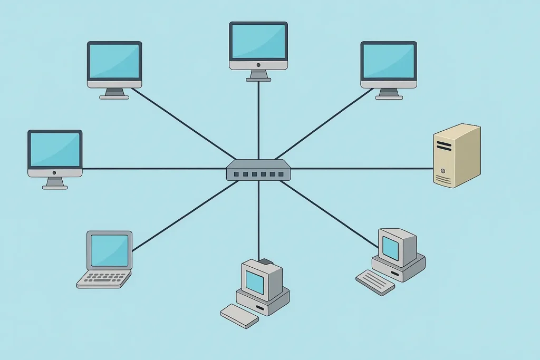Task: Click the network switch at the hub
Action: [258, 170]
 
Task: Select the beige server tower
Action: [456, 155]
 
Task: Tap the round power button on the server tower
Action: [443, 171]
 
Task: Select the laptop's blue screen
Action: [109, 250]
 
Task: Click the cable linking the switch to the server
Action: [364, 169]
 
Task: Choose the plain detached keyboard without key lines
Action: [239, 315]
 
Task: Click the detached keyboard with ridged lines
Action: [375, 283]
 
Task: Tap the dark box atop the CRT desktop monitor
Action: [265, 261]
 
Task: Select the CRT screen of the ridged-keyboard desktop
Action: [390, 248]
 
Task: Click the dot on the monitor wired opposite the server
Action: [55, 172]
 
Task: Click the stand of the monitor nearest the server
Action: [389, 93]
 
